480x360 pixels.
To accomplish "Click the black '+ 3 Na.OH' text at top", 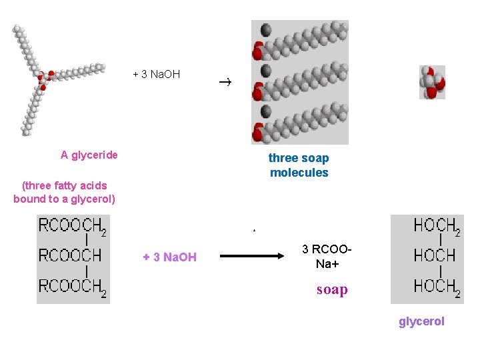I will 156,74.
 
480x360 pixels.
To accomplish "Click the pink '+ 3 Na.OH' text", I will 169,257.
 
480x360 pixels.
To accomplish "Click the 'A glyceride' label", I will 89,155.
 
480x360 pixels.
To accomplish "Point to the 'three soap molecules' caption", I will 299,165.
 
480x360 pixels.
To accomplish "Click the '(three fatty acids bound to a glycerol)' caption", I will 64,192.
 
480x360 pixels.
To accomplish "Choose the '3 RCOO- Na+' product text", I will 326,256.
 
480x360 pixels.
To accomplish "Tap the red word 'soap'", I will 332,289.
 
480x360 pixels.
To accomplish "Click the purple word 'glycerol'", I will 421,321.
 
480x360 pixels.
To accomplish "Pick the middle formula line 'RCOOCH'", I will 69,255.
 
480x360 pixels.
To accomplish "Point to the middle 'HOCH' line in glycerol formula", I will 434,255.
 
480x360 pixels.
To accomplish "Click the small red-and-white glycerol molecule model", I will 432,83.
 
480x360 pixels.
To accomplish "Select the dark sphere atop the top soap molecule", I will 266,30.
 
